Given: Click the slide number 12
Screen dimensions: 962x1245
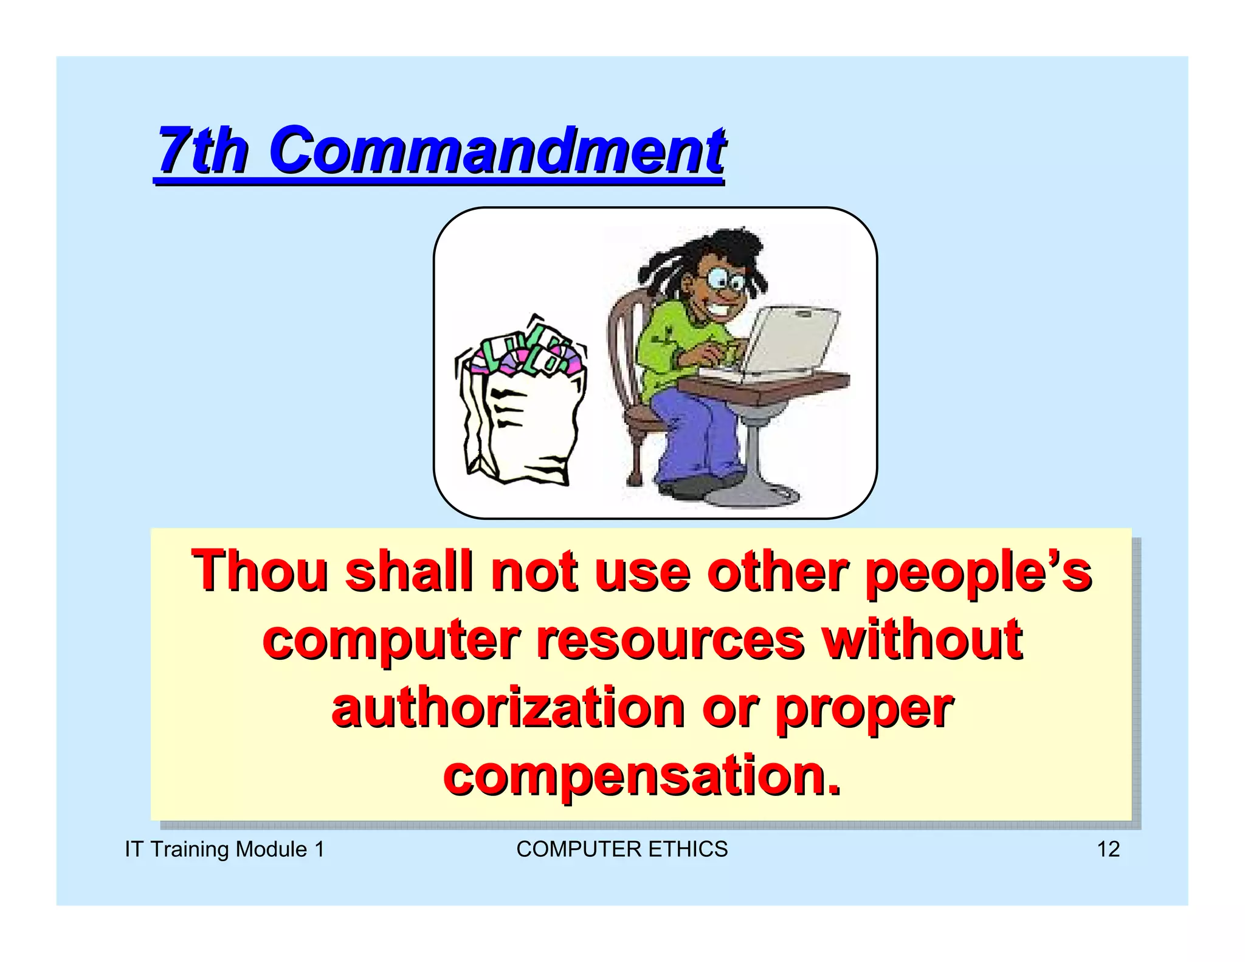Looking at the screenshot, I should [x=1108, y=849].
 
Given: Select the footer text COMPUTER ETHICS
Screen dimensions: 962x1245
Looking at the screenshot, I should [x=622, y=849].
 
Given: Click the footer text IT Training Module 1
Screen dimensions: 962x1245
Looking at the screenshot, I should [x=224, y=849].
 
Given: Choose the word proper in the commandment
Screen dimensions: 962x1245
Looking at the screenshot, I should [x=864, y=708].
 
